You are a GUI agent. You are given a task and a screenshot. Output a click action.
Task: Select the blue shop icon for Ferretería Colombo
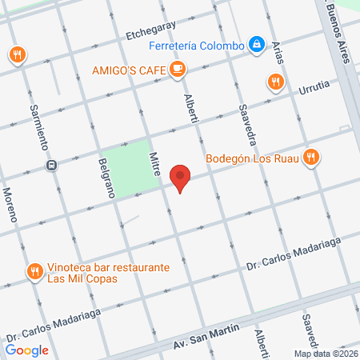pyautogui.click(x=257, y=45)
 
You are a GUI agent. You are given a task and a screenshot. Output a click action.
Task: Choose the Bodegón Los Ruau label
pyautogui.click(x=252, y=158)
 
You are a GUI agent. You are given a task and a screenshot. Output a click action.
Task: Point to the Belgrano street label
pyautogui.click(x=104, y=177)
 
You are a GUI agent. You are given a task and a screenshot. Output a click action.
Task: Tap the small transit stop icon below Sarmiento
pyautogui.click(x=51, y=166)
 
